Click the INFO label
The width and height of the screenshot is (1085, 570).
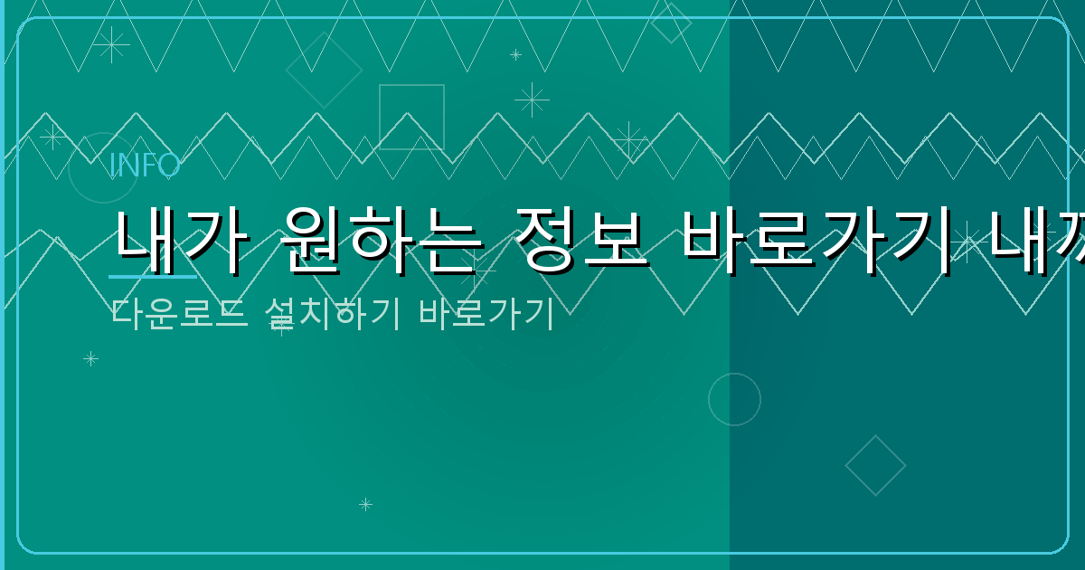coord(145,166)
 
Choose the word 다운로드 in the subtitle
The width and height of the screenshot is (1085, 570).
coord(179,313)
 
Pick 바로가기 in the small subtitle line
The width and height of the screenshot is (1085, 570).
coord(486,313)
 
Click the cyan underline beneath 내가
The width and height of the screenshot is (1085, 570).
coord(152,275)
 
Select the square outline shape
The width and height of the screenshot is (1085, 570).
coord(411,117)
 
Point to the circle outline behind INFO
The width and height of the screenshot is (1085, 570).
coord(103,167)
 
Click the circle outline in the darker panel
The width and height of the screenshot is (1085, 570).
coord(734,399)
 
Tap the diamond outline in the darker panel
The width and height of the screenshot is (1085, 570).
coord(875,465)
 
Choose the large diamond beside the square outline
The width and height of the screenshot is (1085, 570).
coord(324,70)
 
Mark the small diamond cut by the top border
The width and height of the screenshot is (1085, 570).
coord(671,23)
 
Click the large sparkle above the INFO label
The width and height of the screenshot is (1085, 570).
coord(111,44)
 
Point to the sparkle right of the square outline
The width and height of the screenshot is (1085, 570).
coord(532,100)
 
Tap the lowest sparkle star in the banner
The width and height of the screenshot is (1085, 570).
coord(365,504)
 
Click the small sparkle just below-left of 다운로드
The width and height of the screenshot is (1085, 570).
coord(90,358)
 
